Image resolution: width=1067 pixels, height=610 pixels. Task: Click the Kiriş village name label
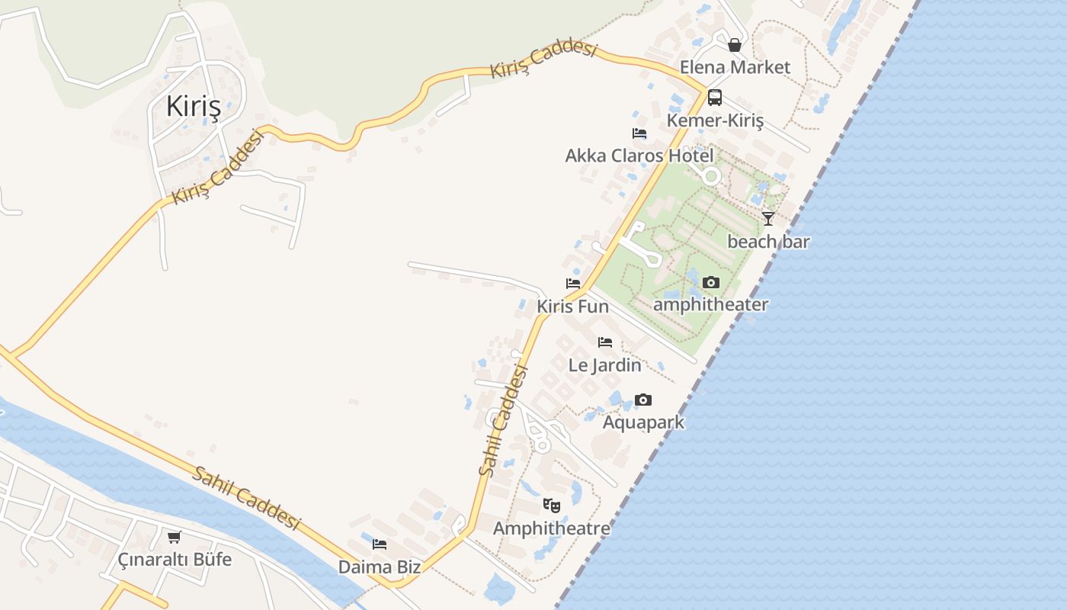click(194, 107)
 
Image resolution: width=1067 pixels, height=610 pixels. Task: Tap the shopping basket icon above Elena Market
click(735, 45)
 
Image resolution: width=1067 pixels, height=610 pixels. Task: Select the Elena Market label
click(735, 67)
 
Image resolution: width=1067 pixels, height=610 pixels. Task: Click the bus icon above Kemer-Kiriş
click(714, 98)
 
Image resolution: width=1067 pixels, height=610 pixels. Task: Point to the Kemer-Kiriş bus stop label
click(714, 120)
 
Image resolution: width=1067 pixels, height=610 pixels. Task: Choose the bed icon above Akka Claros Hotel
click(639, 133)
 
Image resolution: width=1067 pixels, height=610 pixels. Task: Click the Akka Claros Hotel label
click(639, 156)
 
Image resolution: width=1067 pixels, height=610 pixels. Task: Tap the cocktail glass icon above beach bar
click(768, 219)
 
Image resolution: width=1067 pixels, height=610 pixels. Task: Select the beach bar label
click(768, 242)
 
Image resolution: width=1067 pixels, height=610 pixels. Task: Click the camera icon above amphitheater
click(710, 283)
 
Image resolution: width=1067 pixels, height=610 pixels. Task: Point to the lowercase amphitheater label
click(710, 304)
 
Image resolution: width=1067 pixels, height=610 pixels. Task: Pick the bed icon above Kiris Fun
click(573, 284)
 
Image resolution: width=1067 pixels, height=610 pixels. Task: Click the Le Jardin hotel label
click(605, 364)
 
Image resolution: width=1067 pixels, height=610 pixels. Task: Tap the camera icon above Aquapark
click(643, 400)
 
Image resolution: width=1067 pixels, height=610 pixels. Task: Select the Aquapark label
click(643, 422)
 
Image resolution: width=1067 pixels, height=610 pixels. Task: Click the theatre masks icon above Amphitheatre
click(552, 505)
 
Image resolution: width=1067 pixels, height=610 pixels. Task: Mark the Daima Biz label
click(380, 567)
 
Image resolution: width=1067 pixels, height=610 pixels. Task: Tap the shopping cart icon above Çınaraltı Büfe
click(175, 537)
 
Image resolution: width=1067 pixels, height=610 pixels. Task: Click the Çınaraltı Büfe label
click(175, 559)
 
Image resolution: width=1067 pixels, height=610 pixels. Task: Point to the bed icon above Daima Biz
click(380, 544)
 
